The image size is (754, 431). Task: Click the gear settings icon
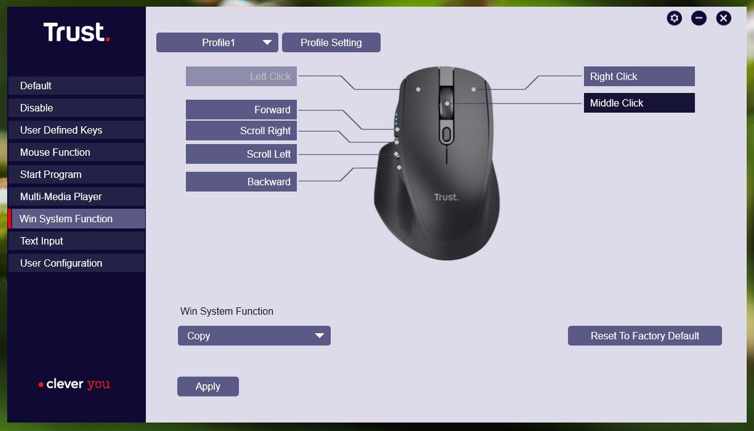point(674,18)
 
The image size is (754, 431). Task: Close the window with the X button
point(723,18)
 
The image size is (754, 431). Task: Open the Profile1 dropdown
point(217,42)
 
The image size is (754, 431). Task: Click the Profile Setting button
point(331,42)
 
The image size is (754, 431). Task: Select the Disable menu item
point(77,108)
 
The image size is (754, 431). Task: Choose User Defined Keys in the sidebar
point(77,130)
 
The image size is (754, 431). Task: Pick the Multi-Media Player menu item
point(77,197)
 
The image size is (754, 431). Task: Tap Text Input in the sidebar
point(77,241)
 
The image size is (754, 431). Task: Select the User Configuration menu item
point(77,263)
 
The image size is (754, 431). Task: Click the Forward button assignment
point(241,110)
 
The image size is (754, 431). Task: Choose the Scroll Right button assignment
point(241,131)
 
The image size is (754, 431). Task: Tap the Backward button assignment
point(241,182)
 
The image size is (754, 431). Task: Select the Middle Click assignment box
point(639,103)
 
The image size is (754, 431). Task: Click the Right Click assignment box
point(639,77)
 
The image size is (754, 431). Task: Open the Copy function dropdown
point(254,335)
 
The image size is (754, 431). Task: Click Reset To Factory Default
point(645,335)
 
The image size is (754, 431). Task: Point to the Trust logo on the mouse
point(446,197)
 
